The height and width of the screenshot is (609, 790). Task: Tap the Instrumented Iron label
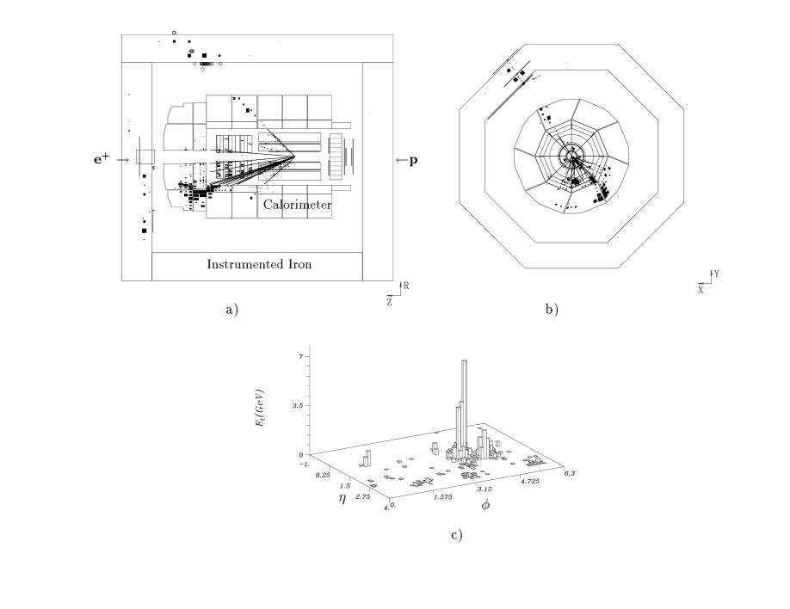coord(258,265)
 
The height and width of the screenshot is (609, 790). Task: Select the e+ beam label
coord(104,159)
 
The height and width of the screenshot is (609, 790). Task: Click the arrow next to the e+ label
coord(123,159)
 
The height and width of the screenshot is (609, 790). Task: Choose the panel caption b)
coord(551,309)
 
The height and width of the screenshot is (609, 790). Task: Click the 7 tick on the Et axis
coord(300,354)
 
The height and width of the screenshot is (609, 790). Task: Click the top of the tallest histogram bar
coord(464,361)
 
